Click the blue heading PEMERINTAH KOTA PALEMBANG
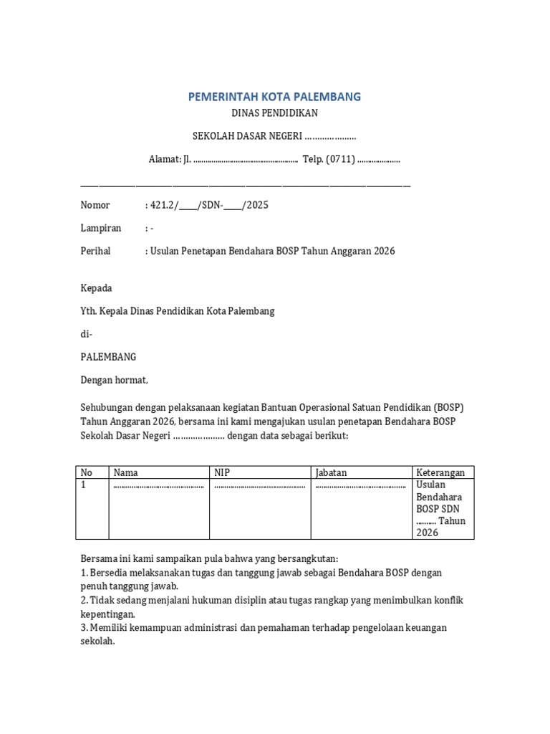[x=274, y=96]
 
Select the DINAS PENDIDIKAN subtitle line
[x=274, y=113]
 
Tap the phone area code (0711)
[x=340, y=159]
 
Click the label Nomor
[x=95, y=205]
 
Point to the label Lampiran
[x=100, y=228]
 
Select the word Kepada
[x=97, y=288]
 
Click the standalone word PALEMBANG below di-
[x=108, y=357]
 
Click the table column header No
[x=87, y=472]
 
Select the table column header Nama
[x=126, y=472]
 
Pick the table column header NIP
[x=222, y=472]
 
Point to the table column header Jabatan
[x=331, y=472]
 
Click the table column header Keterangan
[x=440, y=472]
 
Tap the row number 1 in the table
[x=83, y=485]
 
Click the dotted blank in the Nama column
[x=158, y=485]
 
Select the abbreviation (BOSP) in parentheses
[x=448, y=407]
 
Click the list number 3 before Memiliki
[x=83, y=628]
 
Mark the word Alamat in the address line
[x=164, y=159]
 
